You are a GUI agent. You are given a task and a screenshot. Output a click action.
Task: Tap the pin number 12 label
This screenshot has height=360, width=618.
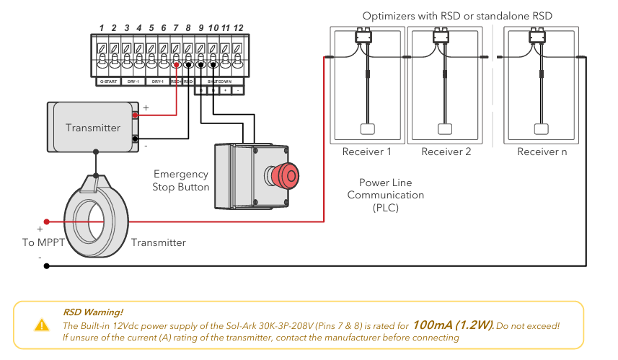tap(239, 28)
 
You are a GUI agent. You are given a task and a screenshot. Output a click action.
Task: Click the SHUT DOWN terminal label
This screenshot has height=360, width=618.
tap(219, 82)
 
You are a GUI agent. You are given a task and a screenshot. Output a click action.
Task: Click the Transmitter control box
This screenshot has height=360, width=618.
tap(92, 128)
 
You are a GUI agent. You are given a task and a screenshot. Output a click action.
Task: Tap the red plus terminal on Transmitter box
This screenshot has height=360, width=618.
tap(135, 115)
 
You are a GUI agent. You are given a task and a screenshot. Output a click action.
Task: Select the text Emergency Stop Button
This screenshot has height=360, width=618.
tap(181, 180)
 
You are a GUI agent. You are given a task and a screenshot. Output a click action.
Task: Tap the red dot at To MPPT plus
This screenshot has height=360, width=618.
tap(46, 221)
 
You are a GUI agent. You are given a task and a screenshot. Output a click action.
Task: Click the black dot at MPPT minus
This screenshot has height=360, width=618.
tap(47, 265)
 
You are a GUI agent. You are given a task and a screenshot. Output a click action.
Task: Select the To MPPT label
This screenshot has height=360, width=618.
tap(39, 242)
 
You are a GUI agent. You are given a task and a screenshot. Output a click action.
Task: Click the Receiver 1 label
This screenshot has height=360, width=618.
tap(366, 152)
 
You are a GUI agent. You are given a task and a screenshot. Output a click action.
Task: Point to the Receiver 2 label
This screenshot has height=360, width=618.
tap(446, 152)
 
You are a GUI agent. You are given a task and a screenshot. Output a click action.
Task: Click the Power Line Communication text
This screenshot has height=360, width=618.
tap(385, 195)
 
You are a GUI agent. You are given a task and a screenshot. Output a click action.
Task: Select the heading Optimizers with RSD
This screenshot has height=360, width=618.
tap(462, 15)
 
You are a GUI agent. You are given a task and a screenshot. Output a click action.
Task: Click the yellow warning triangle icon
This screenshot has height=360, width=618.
tap(42, 325)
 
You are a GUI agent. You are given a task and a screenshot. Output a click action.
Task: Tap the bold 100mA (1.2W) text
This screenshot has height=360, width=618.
tap(453, 325)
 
